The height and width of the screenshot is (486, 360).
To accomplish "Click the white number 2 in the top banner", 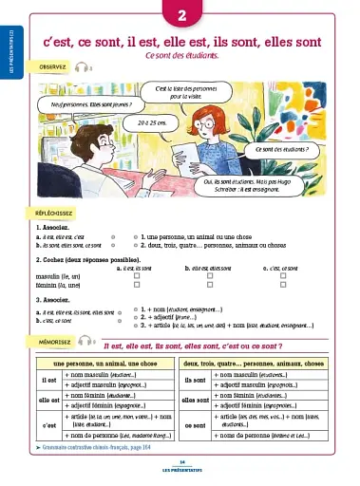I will pos(180,13).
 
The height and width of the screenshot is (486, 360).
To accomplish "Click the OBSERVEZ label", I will pos(52,68).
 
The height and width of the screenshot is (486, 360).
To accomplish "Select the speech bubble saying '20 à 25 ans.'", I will pos(152,123).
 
